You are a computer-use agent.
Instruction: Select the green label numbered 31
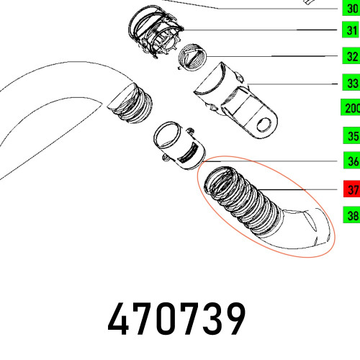[350, 30]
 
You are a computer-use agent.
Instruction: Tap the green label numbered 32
[350, 56]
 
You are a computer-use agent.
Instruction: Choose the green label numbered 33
[350, 83]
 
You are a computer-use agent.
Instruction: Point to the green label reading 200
[350, 109]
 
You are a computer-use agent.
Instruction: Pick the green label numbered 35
[350, 135]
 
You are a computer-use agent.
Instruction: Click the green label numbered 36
[350, 161]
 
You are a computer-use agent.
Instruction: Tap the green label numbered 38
[350, 214]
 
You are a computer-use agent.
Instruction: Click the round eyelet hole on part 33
[263, 124]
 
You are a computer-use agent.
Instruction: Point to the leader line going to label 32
[274, 55]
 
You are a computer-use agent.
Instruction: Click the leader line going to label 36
[274, 161]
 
